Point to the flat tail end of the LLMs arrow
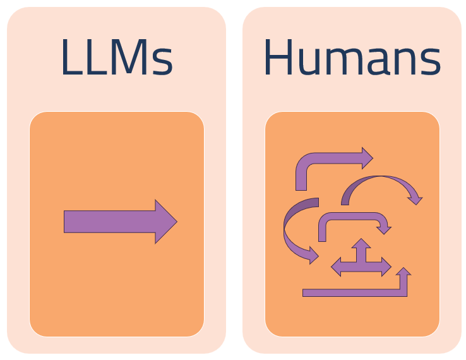coord(67,222)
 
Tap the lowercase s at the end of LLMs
coord(162,62)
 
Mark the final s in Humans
coord(430,62)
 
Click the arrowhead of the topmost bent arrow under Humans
coord(367,158)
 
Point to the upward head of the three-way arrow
coord(361,243)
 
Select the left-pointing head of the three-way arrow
coord(336,267)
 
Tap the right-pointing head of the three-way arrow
coord(386,267)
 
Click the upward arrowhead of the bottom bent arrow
coord(403,272)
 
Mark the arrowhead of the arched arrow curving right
coord(415,199)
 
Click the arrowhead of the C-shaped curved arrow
coord(311,255)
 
